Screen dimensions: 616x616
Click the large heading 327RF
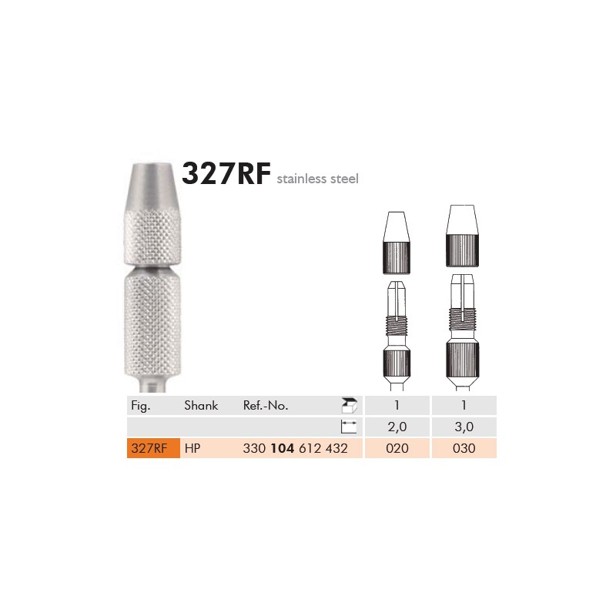pos(226,173)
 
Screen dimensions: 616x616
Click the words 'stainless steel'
pos(317,179)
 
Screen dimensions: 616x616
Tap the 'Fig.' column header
pos(141,406)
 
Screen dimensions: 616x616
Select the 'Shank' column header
pos(201,405)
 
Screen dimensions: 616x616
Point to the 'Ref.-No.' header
pos(266,405)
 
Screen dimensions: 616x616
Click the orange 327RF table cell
pos(153,448)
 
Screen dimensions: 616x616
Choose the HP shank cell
pos(192,448)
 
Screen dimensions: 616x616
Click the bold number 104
pos(283,448)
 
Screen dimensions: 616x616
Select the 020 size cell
pos(397,448)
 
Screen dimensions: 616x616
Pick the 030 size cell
pos(464,448)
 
